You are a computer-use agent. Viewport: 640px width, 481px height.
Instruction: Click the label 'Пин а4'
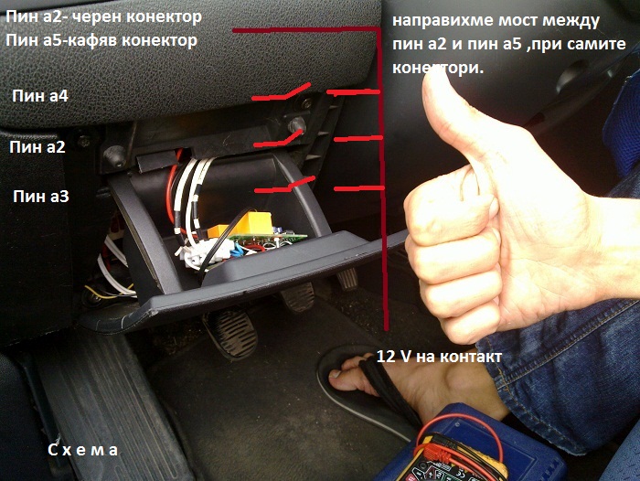(40, 96)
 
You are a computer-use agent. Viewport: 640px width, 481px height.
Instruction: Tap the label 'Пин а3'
(41, 197)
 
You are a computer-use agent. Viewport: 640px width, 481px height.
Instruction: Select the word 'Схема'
(83, 450)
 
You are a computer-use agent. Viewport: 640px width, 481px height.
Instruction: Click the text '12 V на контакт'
(439, 357)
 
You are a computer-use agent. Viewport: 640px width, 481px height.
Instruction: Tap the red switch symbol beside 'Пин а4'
(281, 91)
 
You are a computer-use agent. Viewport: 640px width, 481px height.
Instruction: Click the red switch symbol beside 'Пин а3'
(284, 185)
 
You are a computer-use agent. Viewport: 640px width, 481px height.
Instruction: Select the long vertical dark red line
(382, 178)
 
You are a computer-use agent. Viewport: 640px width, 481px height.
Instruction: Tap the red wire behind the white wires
(171, 183)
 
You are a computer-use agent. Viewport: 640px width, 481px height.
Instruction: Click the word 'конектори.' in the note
(438, 69)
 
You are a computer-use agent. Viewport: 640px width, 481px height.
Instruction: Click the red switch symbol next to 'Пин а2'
(280, 138)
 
